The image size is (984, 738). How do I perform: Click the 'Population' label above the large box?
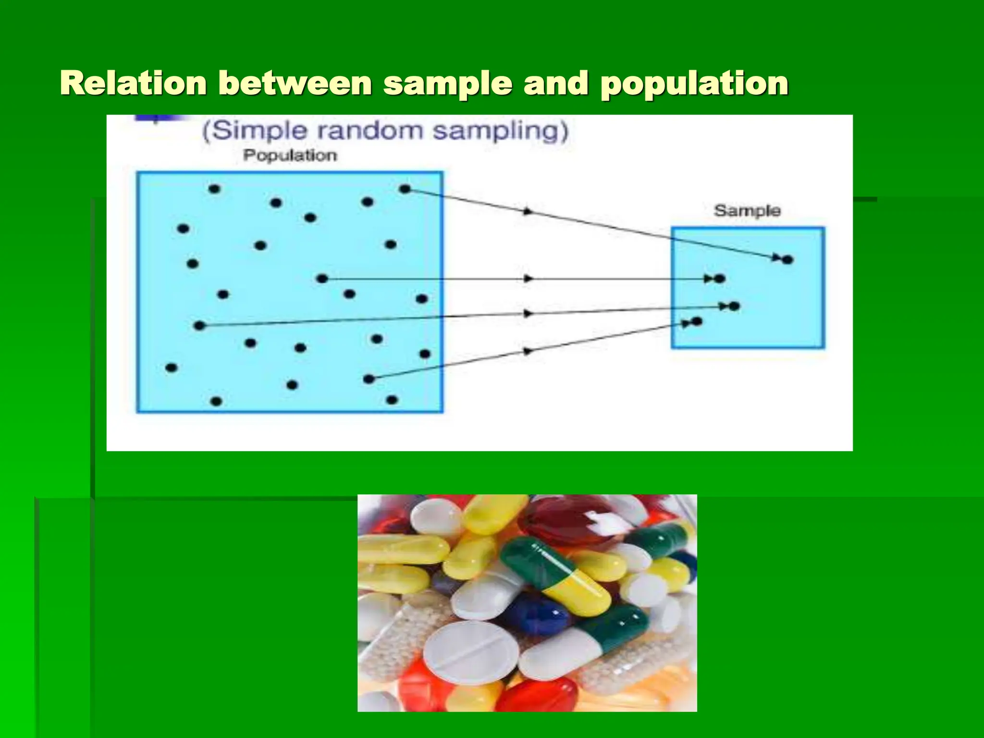(290, 155)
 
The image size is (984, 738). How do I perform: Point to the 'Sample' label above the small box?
(747, 210)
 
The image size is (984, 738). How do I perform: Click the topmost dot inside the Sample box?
(787, 260)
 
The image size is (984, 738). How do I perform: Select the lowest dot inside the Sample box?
(697, 321)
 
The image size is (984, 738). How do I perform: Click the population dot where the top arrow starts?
(405, 189)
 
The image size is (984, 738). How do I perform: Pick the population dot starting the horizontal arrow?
(322, 279)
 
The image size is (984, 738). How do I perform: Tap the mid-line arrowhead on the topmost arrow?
(528, 211)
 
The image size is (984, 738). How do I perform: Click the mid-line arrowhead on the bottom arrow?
(528, 351)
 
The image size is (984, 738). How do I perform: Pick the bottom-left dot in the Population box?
(216, 401)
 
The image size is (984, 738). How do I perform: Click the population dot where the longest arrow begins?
(199, 326)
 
